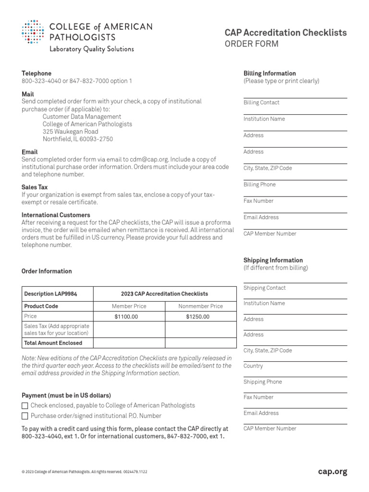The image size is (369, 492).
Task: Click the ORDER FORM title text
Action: coord(251,44)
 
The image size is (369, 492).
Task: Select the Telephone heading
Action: coord(37,73)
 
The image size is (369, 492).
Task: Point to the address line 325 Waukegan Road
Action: coord(70,131)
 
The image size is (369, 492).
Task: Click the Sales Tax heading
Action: coord(35,187)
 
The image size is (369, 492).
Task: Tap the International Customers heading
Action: coord(56,215)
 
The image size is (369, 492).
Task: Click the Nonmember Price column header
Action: coord(200,306)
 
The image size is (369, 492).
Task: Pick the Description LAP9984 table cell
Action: coord(50,294)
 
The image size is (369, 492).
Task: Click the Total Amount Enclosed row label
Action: coord(53,343)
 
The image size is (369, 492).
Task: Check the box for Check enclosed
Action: coord(25,406)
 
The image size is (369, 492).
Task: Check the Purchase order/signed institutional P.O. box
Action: coord(25,416)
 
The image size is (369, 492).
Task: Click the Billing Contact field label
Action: coord(261,102)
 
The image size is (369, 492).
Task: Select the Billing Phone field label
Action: coord(259,184)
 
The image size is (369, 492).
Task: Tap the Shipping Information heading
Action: coord(273,260)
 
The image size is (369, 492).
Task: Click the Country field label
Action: coord(253,366)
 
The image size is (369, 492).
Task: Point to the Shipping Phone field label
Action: coord(262,381)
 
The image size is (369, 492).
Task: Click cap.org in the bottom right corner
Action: coord(332,472)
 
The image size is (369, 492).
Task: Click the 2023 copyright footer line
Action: coord(85,472)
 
